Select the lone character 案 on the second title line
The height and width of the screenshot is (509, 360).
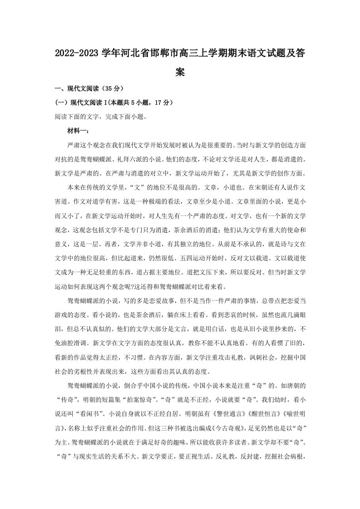pos(180,73)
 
